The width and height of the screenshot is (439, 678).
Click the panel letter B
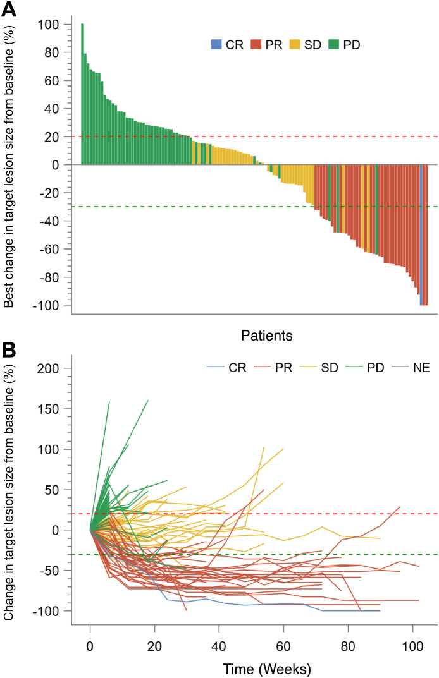(x=10, y=347)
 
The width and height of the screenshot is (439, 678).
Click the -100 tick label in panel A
(x=51, y=305)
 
